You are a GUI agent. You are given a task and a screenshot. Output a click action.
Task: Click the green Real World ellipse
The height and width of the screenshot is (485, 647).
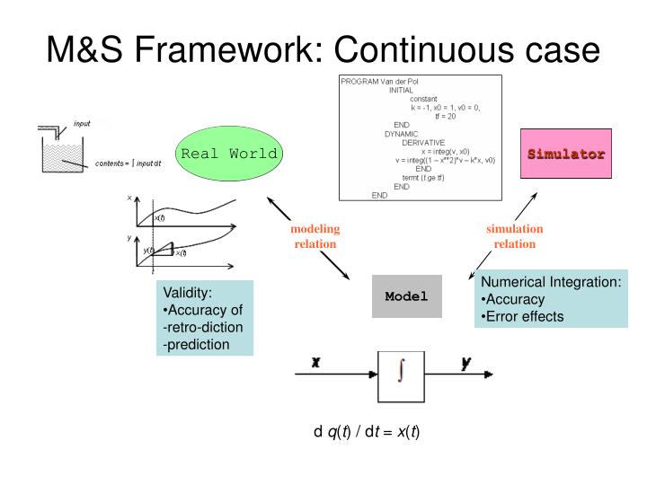pyautogui.click(x=228, y=154)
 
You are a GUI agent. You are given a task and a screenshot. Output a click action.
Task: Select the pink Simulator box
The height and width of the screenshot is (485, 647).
pyautogui.click(x=565, y=154)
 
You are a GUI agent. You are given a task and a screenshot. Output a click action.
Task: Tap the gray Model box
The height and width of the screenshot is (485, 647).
pyautogui.click(x=407, y=296)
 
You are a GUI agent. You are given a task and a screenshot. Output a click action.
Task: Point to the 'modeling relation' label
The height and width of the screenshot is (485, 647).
pyautogui.click(x=315, y=236)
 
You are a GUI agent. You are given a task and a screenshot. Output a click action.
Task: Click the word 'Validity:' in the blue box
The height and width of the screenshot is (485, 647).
pyautogui.click(x=187, y=292)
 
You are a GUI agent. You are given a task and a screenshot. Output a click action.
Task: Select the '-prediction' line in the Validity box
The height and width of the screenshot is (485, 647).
pyautogui.click(x=196, y=343)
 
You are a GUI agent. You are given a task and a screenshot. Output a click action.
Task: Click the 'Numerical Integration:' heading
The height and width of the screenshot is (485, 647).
pyautogui.click(x=551, y=282)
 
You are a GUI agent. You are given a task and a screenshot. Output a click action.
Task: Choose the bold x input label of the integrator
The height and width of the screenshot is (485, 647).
pyautogui.click(x=316, y=363)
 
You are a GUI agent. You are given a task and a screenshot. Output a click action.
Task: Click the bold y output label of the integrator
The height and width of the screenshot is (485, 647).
pyautogui.click(x=466, y=363)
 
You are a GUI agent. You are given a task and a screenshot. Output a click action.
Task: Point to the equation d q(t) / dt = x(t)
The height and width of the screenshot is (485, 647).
pyautogui.click(x=367, y=431)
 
